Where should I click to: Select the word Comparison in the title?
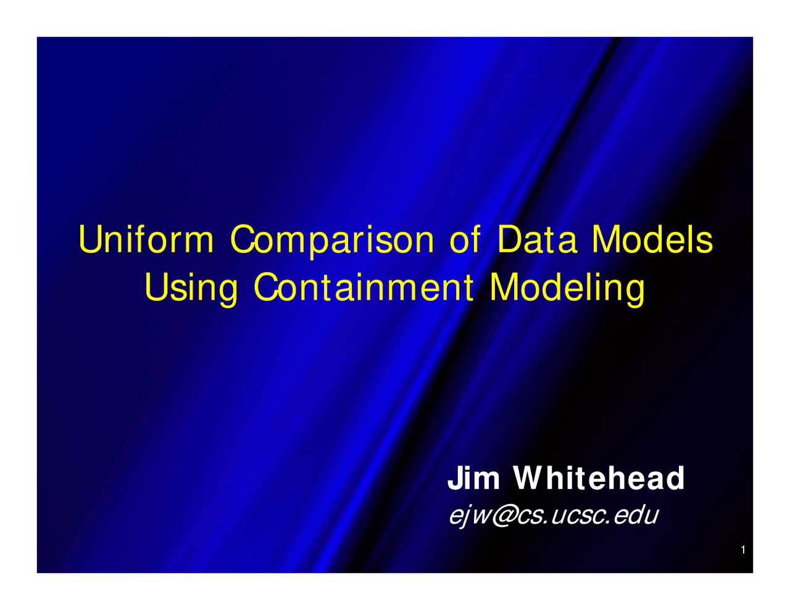click(332, 241)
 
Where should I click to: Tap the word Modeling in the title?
click(567, 288)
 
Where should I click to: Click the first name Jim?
click(473, 479)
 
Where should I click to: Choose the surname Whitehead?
click(599, 479)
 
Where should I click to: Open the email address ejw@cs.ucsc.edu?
click(553, 516)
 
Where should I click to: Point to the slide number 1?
click(743, 550)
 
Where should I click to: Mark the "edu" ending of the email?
click(638, 515)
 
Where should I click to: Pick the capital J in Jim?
click(455, 479)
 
